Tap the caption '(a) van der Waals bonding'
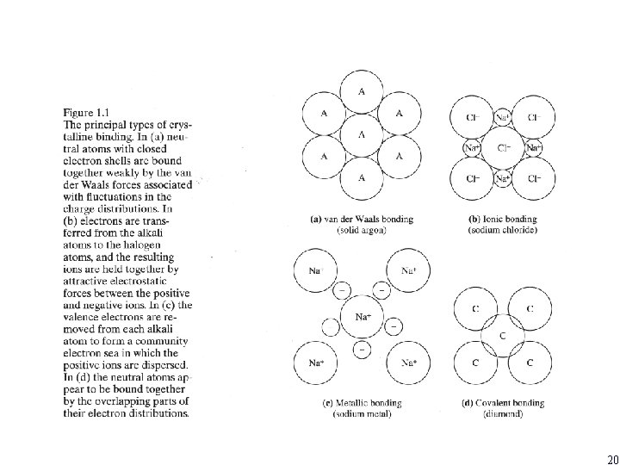(x=361, y=220)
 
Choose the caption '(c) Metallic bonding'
(x=362, y=403)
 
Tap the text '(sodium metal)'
(x=362, y=414)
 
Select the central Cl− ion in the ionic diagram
(x=504, y=147)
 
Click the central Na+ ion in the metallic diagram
(x=363, y=318)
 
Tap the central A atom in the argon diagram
(x=363, y=133)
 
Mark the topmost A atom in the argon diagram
(x=363, y=90)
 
